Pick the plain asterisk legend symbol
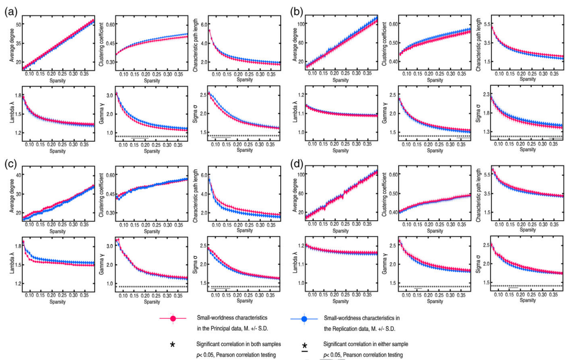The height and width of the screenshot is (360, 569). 173,344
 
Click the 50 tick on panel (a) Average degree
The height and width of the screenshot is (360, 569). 18,24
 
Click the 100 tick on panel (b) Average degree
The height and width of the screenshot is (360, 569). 301,23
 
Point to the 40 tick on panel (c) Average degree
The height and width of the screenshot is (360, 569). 18,175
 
